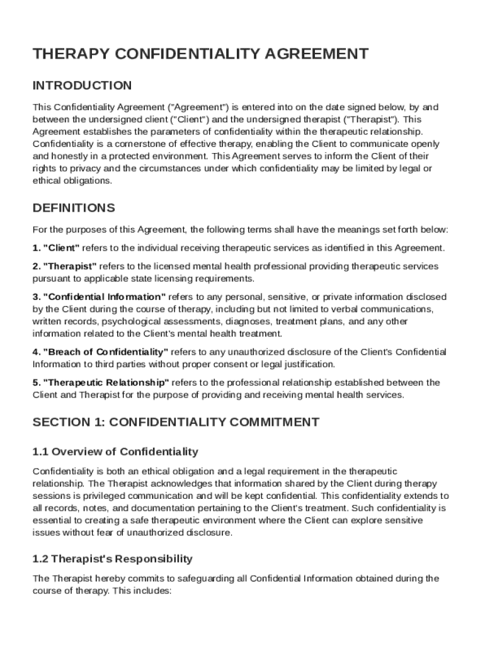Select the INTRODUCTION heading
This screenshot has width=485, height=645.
82,86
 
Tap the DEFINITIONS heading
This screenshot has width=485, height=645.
74,208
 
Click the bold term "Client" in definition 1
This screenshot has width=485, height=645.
61,248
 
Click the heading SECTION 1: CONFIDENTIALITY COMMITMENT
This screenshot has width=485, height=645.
176,422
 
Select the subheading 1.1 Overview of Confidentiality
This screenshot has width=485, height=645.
115,452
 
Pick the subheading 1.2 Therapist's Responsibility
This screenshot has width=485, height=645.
112,559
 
